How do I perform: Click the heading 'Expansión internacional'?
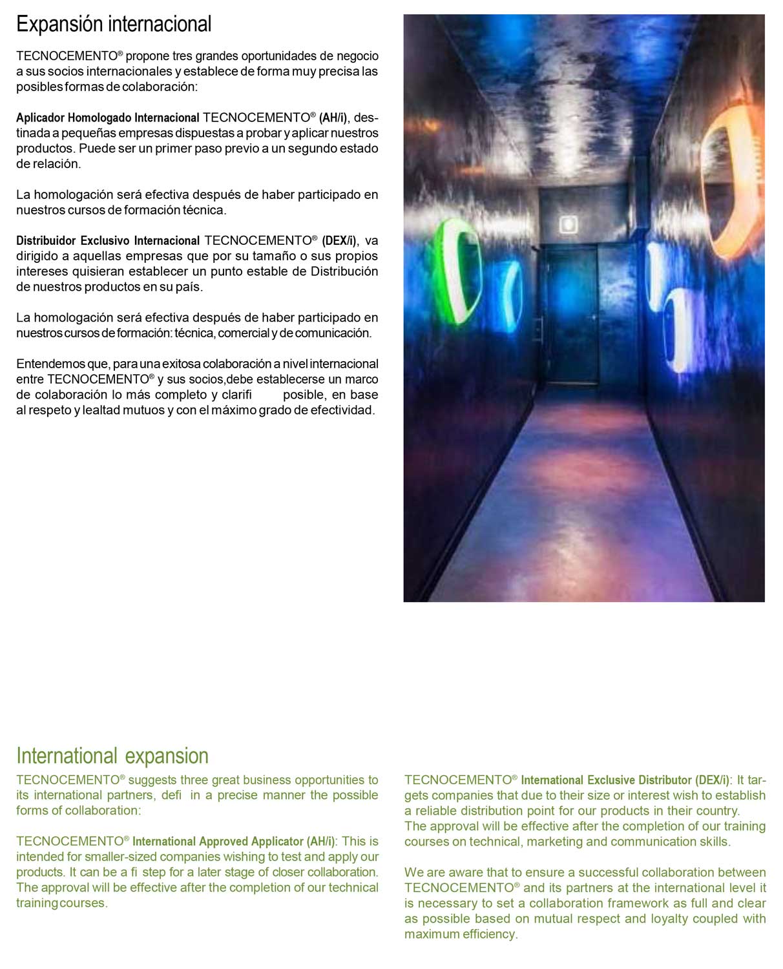point(114,25)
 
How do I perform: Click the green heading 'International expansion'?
point(112,756)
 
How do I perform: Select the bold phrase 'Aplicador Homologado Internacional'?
point(107,118)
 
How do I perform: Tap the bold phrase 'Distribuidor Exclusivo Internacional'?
point(107,241)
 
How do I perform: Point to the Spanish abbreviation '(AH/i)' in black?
point(333,118)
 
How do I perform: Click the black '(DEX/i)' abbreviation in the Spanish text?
point(339,241)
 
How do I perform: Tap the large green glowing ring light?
point(458,271)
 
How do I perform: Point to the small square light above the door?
point(568,224)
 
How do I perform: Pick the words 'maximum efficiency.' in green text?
point(461,935)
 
